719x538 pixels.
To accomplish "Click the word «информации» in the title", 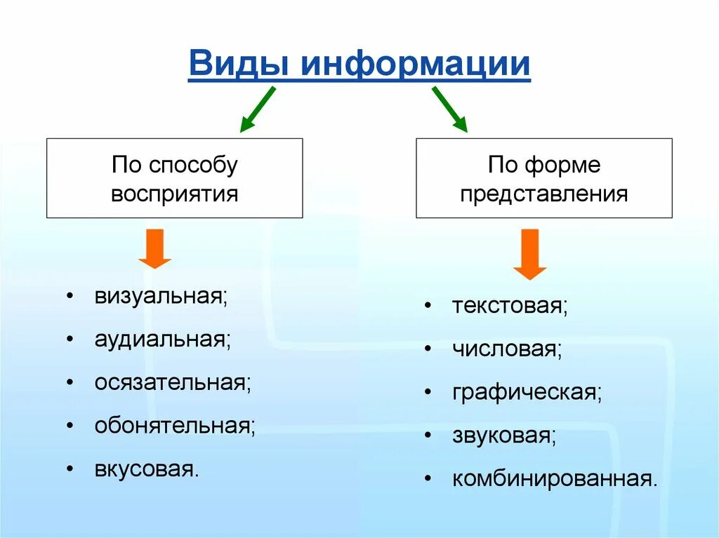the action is tap(416, 65).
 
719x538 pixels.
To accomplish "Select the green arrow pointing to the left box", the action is tap(257, 110).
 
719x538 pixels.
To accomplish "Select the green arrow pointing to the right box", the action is tap(449, 109).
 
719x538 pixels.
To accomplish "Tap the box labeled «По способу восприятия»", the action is tap(175, 178).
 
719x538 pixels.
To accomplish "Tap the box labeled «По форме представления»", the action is tap(543, 178).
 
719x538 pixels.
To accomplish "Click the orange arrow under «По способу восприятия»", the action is tap(155, 249).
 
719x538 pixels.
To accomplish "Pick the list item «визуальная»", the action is tap(161, 296).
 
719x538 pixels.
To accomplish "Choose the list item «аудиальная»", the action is tap(163, 339).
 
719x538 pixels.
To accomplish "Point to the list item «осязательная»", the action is tap(173, 383).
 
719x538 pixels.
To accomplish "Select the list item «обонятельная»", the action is tap(175, 426).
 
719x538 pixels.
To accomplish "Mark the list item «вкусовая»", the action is tap(147, 469).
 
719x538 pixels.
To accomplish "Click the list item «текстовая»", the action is tap(510, 307).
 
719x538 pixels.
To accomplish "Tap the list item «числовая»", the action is tap(507, 349).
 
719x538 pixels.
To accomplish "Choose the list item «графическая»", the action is tap(527, 392).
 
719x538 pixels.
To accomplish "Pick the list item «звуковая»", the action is tap(504, 436).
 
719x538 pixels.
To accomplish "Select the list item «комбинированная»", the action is tap(555, 479).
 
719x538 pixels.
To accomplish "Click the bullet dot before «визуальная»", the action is tap(71, 296).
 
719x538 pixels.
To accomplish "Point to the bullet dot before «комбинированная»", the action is tap(428, 479).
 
